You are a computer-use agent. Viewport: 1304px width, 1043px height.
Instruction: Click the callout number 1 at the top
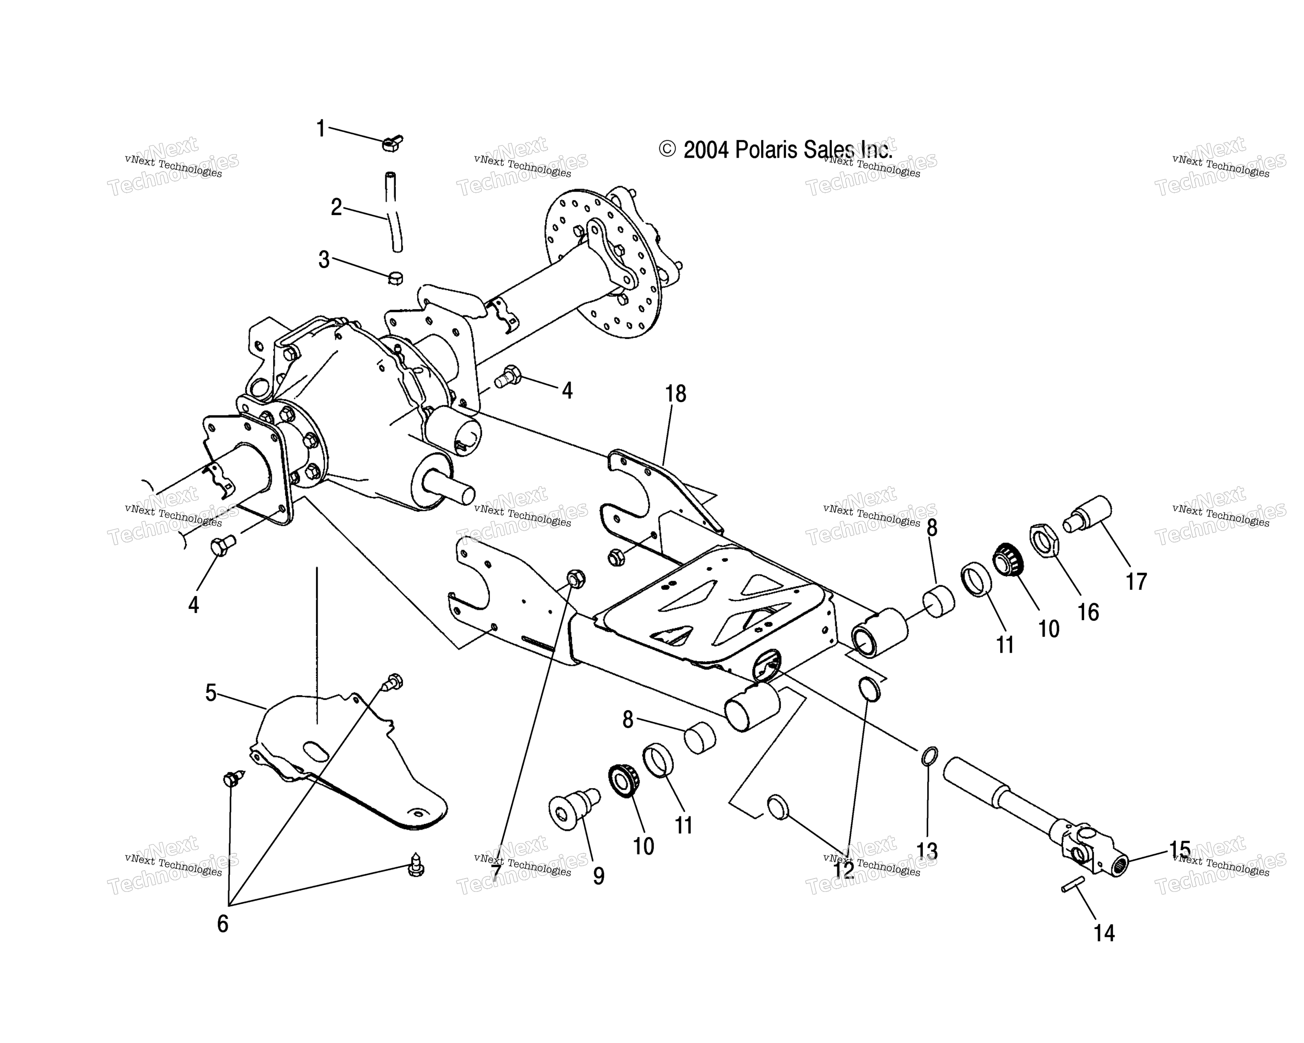click(x=321, y=129)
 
